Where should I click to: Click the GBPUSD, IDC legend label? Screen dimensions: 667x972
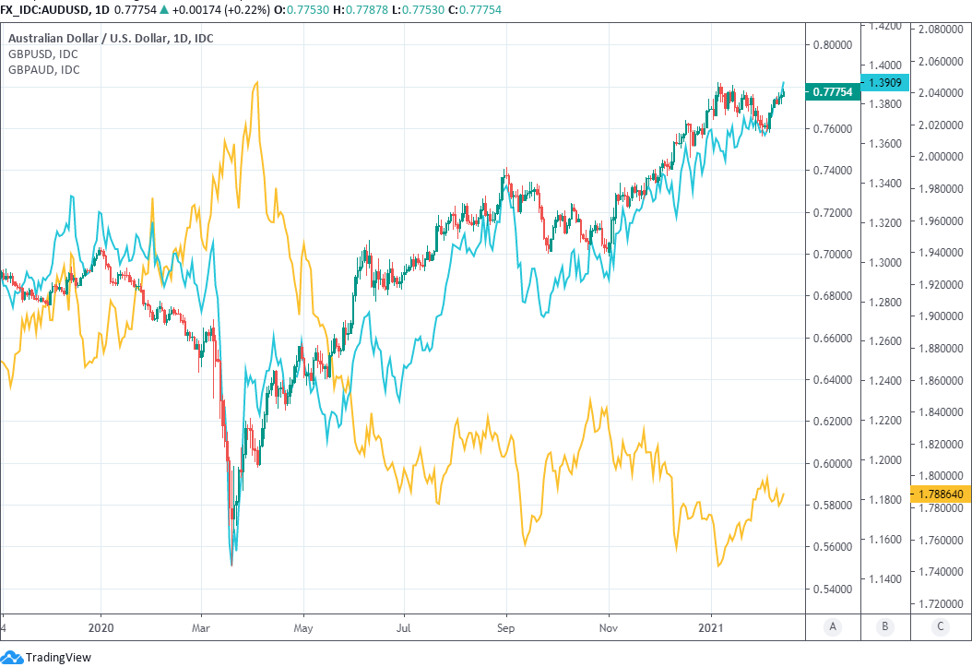point(43,54)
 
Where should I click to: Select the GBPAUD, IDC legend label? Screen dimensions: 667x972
point(43,69)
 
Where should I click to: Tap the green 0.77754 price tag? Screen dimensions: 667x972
point(834,91)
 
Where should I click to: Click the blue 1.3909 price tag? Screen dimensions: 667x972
point(883,82)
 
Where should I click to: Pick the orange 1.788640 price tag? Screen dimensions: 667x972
point(940,494)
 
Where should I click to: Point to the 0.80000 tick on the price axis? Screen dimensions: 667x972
point(833,44)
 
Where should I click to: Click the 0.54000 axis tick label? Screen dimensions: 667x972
point(833,589)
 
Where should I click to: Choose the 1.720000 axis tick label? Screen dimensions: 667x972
point(940,603)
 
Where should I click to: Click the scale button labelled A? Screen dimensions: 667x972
point(833,626)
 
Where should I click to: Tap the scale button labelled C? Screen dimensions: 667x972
point(940,626)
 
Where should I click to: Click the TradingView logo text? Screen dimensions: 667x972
point(57,657)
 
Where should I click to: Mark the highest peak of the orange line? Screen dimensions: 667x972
point(255,82)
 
